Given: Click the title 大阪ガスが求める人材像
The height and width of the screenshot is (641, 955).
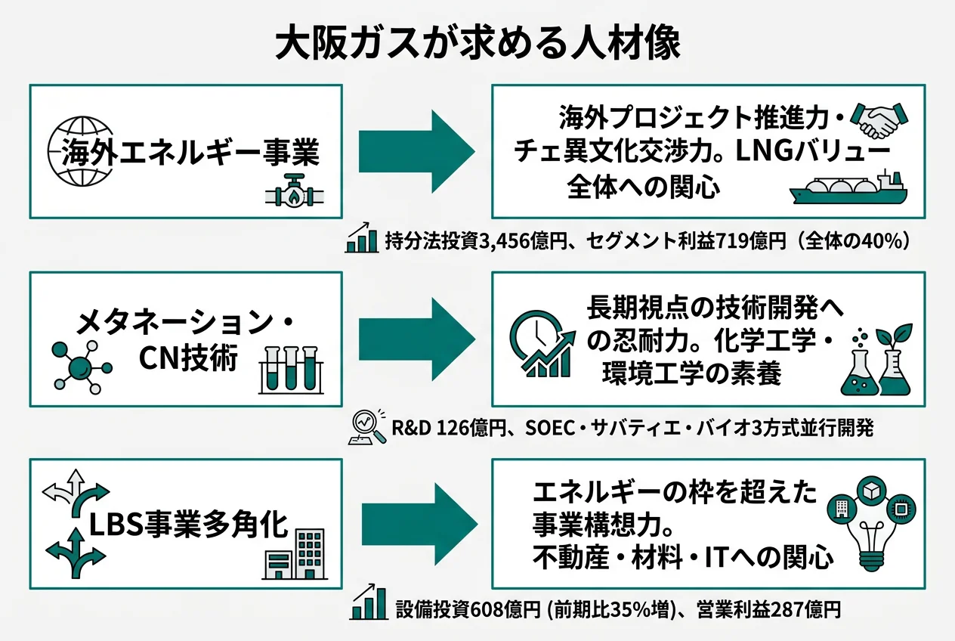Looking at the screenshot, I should (x=477, y=44).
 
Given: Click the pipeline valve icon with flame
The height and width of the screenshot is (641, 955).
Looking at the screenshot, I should (x=295, y=194).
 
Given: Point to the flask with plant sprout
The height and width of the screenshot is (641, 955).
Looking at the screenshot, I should (x=876, y=363).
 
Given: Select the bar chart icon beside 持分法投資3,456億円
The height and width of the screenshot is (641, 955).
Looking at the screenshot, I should (x=362, y=238).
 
